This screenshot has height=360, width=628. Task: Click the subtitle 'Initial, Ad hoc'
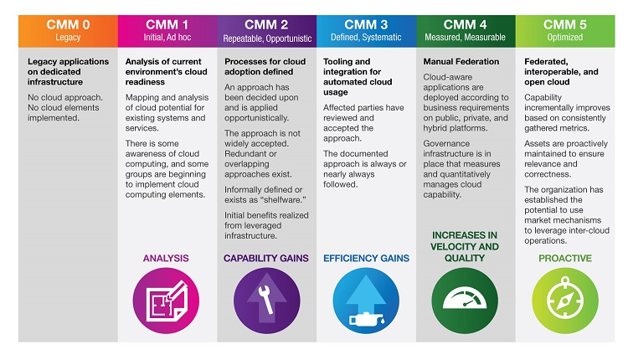click(x=167, y=38)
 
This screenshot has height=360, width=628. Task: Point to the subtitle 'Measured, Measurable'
click(x=466, y=38)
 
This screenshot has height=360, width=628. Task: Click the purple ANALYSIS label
click(x=167, y=259)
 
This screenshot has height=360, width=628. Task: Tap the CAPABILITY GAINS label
click(x=266, y=259)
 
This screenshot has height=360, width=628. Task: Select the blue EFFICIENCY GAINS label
click(x=366, y=259)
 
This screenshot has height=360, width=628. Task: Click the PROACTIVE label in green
click(x=565, y=259)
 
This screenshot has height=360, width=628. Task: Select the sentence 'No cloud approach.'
click(x=64, y=97)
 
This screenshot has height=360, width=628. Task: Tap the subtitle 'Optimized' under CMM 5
click(x=565, y=38)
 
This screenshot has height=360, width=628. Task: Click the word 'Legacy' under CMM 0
click(x=67, y=38)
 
